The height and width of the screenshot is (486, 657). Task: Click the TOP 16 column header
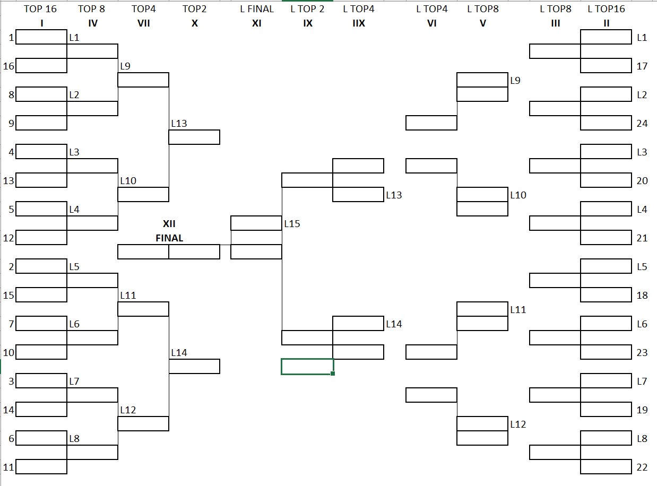tap(40, 9)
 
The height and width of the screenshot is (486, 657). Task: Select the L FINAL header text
tap(256, 9)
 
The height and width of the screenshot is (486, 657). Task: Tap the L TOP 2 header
tap(307, 9)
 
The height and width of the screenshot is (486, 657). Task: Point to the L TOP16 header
tap(606, 9)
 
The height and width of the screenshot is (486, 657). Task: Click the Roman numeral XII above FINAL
tap(169, 224)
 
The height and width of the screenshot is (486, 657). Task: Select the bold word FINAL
tap(169, 238)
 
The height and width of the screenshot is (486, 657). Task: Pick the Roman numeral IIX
tap(359, 23)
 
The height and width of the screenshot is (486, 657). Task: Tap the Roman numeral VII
tap(143, 23)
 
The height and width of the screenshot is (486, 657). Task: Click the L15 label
tap(292, 224)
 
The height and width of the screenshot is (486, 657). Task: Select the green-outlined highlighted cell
tap(307, 367)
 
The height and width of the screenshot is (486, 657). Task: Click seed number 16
tap(8, 66)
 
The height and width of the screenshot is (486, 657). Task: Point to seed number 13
tap(8, 181)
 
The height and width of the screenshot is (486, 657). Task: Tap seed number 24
tap(642, 124)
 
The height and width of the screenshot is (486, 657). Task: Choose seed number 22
tap(642, 467)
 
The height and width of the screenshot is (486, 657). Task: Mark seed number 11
tap(8, 467)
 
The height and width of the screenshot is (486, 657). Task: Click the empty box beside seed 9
tap(41, 123)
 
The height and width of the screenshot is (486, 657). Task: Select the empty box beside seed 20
tap(606, 180)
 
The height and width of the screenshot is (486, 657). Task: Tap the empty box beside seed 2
tap(41, 266)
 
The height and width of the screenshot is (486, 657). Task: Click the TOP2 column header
tap(194, 9)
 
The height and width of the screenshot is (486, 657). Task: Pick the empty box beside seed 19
tap(606, 410)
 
